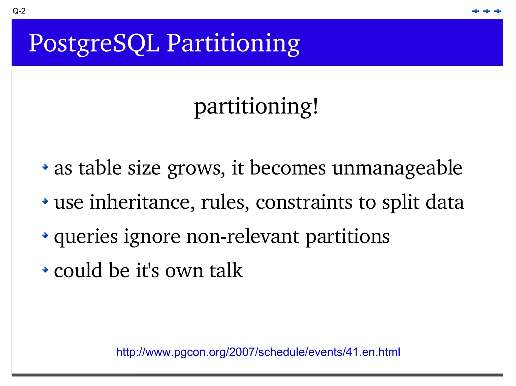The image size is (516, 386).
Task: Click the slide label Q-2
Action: click(19, 11)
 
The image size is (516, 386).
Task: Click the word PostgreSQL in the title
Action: click(94, 43)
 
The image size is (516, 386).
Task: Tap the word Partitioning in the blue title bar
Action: click(233, 43)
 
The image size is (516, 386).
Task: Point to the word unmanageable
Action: click(397, 168)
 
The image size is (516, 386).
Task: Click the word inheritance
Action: click(142, 202)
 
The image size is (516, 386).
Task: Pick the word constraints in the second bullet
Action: click(304, 202)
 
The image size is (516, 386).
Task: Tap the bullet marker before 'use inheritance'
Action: click(45, 201)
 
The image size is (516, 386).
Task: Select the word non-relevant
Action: click(243, 236)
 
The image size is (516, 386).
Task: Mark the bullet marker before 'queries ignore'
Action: click(45, 235)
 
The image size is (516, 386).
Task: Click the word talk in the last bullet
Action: click(226, 271)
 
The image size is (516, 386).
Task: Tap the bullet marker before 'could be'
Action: click(45, 270)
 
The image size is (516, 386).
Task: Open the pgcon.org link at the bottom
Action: click(258, 352)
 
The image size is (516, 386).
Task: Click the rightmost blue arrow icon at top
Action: click(497, 11)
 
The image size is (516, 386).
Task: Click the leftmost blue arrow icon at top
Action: click(475, 11)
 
